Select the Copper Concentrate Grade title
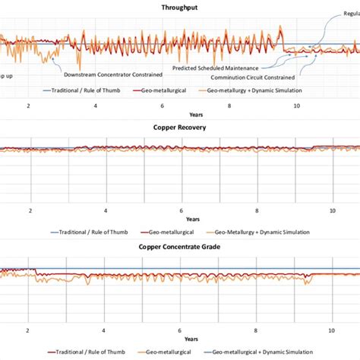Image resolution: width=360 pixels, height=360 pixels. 180,247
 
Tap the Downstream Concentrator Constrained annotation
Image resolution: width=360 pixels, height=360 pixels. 112,75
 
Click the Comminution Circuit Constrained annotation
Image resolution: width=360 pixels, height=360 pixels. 253,77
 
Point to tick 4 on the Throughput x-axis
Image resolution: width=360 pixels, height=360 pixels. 95,107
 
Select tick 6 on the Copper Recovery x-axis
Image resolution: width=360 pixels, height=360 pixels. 181,210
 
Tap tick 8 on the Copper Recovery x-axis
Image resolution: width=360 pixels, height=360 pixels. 257,210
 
